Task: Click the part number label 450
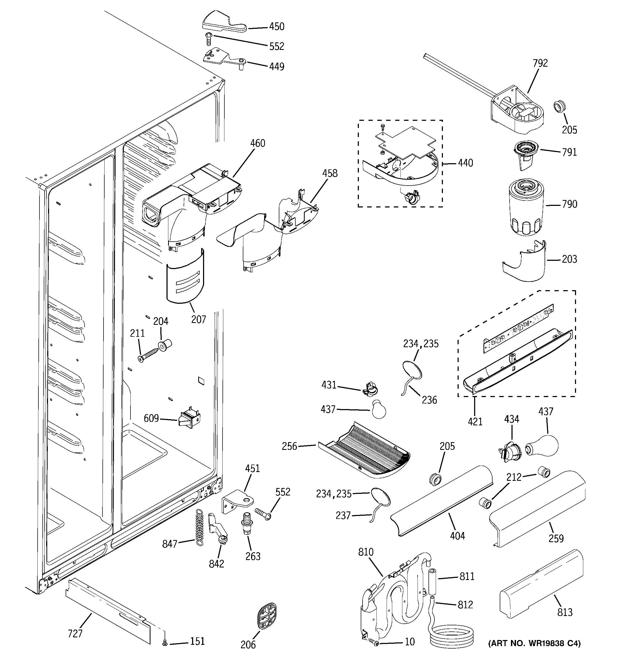276,27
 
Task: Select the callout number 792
540,63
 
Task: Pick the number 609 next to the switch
151,418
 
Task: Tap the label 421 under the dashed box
475,422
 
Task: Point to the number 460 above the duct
257,143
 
